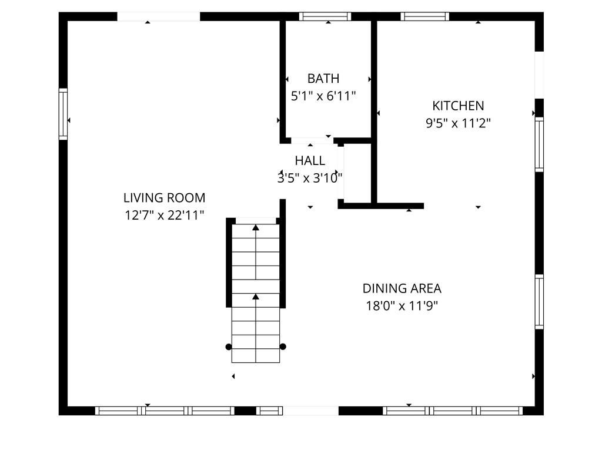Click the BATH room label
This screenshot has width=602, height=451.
pyautogui.click(x=323, y=78)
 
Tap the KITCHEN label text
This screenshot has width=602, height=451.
pyautogui.click(x=458, y=106)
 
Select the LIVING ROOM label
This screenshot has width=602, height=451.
pyautogui.click(x=164, y=198)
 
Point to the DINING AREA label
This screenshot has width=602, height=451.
pyautogui.click(x=402, y=288)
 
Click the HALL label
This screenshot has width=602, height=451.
pyautogui.click(x=310, y=161)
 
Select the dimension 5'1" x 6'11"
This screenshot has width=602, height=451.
pyautogui.click(x=323, y=96)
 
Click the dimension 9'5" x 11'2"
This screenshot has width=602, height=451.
pyautogui.click(x=458, y=123)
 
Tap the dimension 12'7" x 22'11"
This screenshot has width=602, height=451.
pyautogui.click(x=164, y=215)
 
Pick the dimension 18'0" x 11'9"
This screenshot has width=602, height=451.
pyautogui.click(x=402, y=305)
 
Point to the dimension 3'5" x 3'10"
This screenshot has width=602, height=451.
pyautogui.click(x=310, y=178)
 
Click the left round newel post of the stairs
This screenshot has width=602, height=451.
pyautogui.click(x=229, y=346)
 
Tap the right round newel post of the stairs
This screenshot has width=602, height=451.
pyautogui.click(x=283, y=346)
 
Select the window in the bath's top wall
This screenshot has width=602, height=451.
pyautogui.click(x=325, y=16)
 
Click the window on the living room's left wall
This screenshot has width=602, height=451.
pyautogui.click(x=63, y=114)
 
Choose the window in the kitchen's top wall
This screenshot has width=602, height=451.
pyautogui.click(x=424, y=16)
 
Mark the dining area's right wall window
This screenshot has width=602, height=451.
pyautogui.click(x=539, y=301)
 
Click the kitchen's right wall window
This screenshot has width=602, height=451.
pyautogui.click(x=539, y=144)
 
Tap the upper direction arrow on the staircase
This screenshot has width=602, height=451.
pyautogui.click(x=256, y=227)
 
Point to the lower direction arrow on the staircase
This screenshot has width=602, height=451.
pyautogui.click(x=256, y=297)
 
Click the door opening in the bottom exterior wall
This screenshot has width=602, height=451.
pyautogui.click(x=311, y=410)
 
